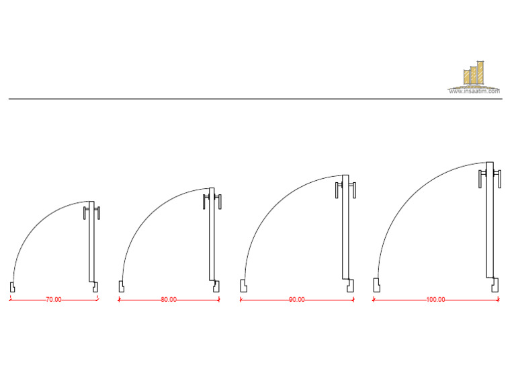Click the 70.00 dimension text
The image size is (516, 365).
[54, 300]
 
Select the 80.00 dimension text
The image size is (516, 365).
[169, 300]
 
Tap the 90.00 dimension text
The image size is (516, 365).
[296, 300]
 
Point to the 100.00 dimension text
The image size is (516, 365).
[435, 300]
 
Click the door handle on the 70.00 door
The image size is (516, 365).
[91, 213]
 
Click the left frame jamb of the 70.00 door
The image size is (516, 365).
[12, 286]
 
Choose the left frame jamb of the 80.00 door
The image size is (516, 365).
[121, 286]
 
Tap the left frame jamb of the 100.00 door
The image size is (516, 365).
[377, 285]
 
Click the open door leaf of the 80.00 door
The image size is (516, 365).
[212, 242]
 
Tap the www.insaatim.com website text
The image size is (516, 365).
[475, 92]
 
